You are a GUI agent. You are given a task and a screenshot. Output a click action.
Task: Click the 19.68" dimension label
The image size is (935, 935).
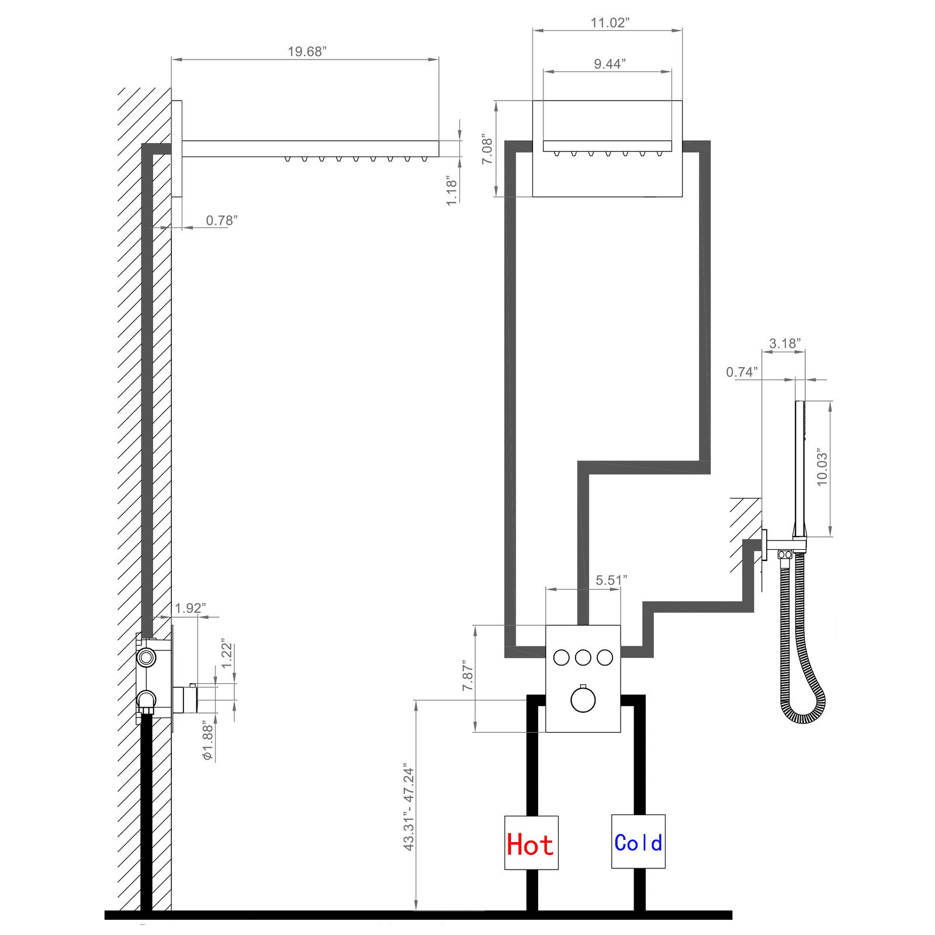[307, 51]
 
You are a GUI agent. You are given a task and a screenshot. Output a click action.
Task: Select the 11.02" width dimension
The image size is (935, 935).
[610, 23]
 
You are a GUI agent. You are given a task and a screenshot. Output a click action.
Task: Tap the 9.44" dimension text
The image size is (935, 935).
[610, 64]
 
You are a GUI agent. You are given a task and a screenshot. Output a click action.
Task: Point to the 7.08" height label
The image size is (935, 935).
[487, 151]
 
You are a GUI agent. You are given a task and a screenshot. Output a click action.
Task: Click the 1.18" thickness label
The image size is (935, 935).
[452, 190]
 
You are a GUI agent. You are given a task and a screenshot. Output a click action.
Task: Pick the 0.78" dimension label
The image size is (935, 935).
[221, 220]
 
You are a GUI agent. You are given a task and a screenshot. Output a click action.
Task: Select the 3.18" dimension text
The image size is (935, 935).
[784, 343]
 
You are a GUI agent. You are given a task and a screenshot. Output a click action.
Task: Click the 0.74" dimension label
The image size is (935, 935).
[742, 372]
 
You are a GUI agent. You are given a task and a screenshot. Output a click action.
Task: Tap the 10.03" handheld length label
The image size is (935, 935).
[822, 467]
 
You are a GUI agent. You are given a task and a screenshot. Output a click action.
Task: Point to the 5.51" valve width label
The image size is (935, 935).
[611, 580]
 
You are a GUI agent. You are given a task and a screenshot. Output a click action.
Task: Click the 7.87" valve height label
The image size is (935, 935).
[468, 677]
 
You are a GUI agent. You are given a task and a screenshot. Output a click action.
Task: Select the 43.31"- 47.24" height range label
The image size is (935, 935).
[409, 809]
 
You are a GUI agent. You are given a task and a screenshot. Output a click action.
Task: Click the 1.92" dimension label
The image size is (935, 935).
[191, 608]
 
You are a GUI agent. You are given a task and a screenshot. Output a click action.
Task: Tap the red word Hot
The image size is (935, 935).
[530, 845]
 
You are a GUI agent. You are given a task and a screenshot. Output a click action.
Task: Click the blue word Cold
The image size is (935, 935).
[638, 843]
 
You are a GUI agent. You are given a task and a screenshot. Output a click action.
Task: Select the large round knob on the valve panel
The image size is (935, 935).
[583, 700]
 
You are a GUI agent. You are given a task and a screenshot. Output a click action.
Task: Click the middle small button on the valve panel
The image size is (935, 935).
[583, 657]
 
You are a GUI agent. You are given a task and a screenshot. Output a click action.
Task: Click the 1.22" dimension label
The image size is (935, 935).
[227, 656]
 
